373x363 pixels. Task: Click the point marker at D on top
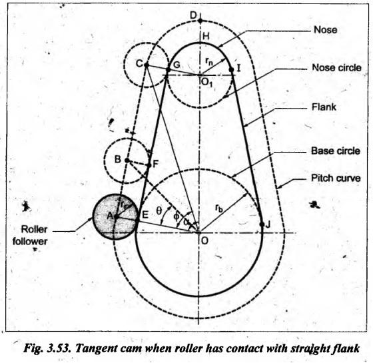[200, 21]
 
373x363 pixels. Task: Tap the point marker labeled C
[147, 65]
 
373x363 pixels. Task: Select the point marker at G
[168, 70]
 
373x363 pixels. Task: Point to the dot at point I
[231, 69]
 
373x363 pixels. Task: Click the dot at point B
[127, 161]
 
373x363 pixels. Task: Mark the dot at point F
[149, 165]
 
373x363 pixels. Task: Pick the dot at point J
[262, 224]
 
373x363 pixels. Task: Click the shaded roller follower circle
[115, 216]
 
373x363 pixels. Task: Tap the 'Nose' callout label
[326, 30]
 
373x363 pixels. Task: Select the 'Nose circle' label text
[336, 68]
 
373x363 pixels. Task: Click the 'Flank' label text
[324, 107]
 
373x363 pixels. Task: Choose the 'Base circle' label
[336, 151]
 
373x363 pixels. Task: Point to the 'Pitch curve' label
[336, 179]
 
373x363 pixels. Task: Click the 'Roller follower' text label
[30, 236]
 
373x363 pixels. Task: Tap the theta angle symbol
[159, 210]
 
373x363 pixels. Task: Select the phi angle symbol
[177, 216]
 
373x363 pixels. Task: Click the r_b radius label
[219, 208]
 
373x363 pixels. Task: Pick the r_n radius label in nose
[209, 61]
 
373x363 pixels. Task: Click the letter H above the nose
[206, 36]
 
